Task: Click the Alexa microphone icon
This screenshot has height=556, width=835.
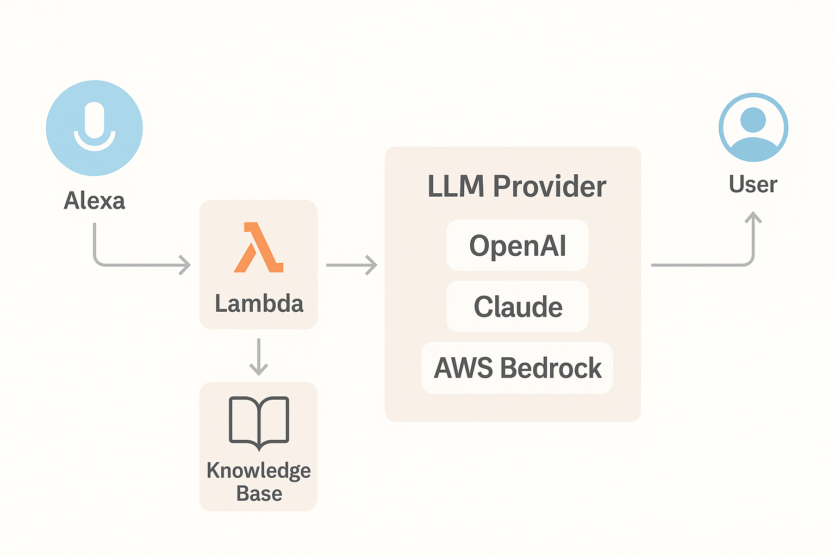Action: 95,128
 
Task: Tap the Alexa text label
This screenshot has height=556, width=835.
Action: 95,201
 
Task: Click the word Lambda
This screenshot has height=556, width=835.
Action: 259,304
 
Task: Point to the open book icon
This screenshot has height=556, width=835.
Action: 259,423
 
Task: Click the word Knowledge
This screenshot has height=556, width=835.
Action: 259,470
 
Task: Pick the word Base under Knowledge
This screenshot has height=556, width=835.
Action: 259,494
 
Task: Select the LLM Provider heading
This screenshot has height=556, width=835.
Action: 516,187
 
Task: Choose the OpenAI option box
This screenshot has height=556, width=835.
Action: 518,245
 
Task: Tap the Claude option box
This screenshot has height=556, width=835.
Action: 518,307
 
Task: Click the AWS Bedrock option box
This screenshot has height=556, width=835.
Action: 517,368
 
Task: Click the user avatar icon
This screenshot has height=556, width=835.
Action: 753,128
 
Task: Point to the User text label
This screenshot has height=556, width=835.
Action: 753,185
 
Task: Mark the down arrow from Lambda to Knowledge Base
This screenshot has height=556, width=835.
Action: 259,357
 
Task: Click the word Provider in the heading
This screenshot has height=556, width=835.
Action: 549,187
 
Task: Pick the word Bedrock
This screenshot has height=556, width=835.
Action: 551,368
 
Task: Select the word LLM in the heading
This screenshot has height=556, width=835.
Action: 456,187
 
